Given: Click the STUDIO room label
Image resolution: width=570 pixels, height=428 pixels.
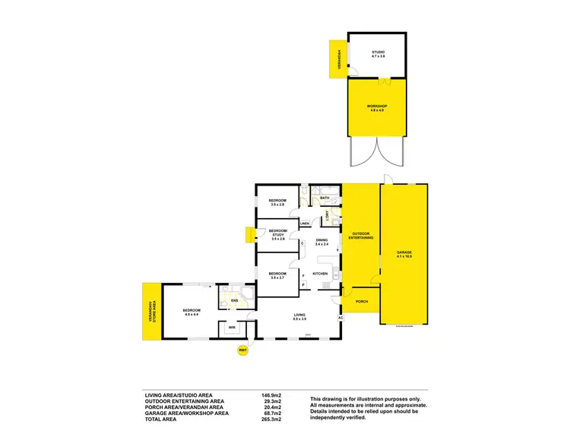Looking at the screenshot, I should pos(378,53).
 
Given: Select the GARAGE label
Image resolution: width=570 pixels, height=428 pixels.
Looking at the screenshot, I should pos(404,253).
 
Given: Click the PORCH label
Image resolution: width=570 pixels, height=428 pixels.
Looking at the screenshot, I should pos(361,301).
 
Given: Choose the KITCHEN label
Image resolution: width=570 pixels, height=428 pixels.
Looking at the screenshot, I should pos(320,274).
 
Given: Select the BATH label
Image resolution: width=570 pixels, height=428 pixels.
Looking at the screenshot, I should pos(325,198).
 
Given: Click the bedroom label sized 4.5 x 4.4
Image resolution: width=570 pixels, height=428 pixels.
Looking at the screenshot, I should pos(192,311).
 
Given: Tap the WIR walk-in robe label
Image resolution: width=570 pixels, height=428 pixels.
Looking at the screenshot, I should pos(232,328).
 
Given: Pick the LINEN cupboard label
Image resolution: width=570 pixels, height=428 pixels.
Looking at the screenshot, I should pos(305,224).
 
